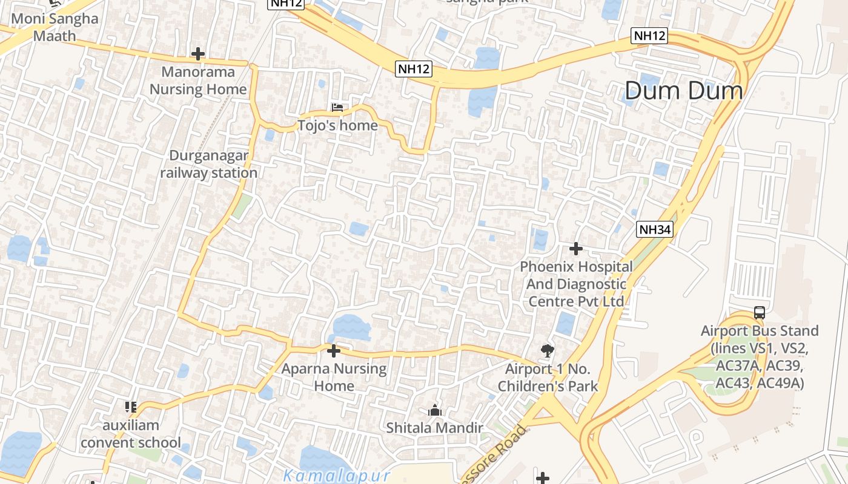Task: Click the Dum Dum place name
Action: (684, 91)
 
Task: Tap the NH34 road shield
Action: (655, 229)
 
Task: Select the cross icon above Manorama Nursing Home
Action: (197, 54)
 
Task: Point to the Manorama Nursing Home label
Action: (198, 81)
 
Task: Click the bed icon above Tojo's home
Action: (337, 108)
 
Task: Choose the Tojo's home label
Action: (337, 125)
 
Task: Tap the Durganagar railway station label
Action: (209, 164)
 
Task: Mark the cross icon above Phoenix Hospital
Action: (575, 248)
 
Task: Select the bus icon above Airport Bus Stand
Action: (760, 313)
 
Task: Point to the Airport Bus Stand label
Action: (760, 357)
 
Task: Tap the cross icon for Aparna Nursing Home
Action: (333, 350)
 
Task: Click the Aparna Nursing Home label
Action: (334, 377)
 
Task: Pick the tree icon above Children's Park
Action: (547, 350)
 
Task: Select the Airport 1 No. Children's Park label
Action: (548, 378)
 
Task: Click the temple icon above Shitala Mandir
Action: (434, 411)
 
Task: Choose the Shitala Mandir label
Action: (434, 428)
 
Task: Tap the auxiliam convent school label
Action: (131, 434)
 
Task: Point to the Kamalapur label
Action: (336, 475)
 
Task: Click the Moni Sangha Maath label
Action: (55, 27)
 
